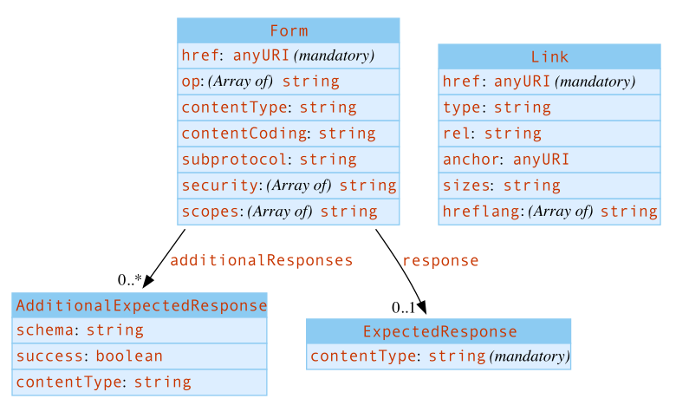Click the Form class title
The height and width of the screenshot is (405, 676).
pos(289,30)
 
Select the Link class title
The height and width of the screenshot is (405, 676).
pos(549,56)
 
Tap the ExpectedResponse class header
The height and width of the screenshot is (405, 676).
pos(439,331)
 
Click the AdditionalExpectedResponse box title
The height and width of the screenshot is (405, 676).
pos(140,305)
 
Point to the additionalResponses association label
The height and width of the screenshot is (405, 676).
pos(261,260)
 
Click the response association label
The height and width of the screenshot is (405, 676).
pos(440,260)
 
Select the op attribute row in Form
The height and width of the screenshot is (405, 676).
pos(260,82)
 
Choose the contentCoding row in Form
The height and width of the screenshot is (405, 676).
pos(278,134)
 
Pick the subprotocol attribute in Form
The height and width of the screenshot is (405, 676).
pos(269,160)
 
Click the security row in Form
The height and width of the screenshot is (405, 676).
pos(288,186)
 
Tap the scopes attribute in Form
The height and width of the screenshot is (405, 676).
pos(279,212)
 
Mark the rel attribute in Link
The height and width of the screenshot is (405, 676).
pos(491,134)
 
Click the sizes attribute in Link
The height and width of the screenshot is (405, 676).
pos(501,186)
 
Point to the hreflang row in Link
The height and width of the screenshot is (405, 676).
pos(549,212)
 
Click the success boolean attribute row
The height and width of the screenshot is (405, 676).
pos(89,356)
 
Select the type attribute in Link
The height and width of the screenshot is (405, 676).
pos(497,108)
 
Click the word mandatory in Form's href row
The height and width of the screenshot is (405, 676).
pos(335,56)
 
